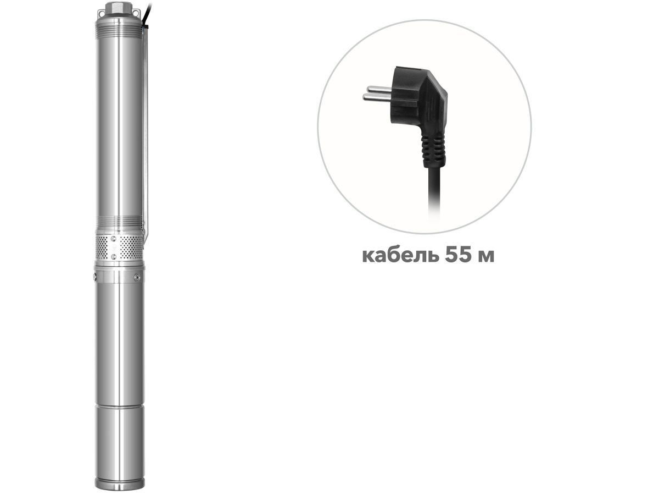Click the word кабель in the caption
point(400,256)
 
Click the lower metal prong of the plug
point(376,97)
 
